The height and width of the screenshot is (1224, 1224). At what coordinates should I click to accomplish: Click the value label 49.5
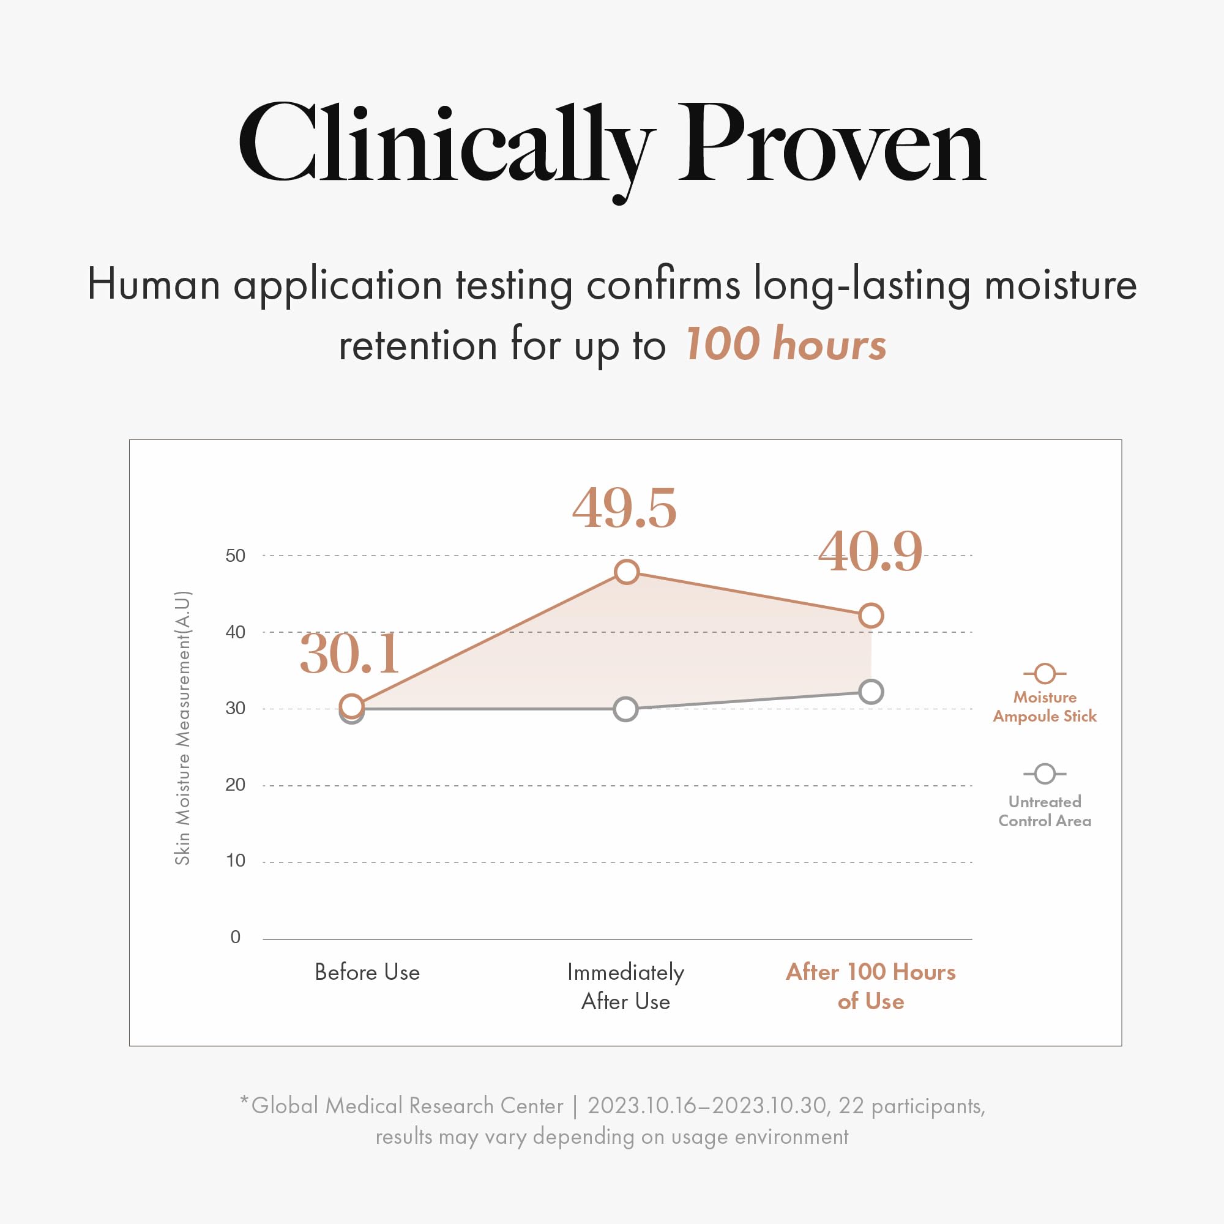[624, 508]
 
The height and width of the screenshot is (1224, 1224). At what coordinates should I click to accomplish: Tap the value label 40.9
[870, 552]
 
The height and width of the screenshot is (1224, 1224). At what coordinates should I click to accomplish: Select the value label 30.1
[349, 653]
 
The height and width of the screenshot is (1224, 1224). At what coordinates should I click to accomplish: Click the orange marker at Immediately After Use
[627, 572]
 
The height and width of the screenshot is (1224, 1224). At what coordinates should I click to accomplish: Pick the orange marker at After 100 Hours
[871, 615]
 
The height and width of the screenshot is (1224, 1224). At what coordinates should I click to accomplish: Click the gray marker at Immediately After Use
[626, 709]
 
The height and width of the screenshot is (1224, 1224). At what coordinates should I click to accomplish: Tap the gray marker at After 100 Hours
[871, 692]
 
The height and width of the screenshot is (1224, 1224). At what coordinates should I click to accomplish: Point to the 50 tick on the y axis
[235, 556]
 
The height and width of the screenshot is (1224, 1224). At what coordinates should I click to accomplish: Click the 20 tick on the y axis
[235, 785]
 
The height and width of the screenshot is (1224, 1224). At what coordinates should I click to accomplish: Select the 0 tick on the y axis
[236, 937]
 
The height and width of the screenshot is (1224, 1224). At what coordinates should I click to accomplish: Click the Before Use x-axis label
[367, 972]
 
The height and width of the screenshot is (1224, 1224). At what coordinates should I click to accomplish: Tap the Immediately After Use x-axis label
[625, 987]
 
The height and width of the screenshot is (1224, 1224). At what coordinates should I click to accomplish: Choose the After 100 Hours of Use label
[870, 987]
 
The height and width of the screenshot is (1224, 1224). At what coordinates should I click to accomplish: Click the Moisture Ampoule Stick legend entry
[1044, 706]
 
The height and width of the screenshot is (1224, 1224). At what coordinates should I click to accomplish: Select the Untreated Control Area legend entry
[1044, 811]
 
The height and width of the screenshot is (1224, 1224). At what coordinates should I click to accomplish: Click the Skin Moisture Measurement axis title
[182, 728]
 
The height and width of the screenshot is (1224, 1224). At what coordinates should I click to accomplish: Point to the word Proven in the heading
[831, 144]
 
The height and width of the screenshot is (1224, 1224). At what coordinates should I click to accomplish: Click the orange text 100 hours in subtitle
[786, 345]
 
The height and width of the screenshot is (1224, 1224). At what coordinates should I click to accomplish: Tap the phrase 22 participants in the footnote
[911, 1105]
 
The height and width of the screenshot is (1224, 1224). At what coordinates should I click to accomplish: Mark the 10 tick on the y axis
[235, 861]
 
